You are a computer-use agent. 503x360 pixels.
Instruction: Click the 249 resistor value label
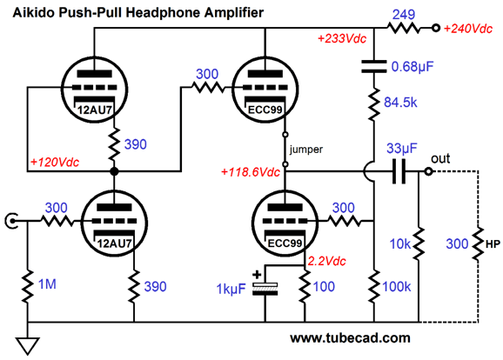click(404, 15)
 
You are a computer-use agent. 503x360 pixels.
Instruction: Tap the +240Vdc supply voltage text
click(468, 29)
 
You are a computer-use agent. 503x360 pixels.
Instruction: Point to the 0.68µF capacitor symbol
click(374, 66)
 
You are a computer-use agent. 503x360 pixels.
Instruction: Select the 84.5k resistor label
click(400, 103)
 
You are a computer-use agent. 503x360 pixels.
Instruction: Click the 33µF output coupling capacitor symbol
click(399, 171)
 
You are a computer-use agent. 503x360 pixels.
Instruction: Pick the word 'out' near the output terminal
click(440, 158)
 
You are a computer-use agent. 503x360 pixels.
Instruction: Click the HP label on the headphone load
click(493, 244)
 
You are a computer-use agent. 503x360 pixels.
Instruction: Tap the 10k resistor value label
click(400, 244)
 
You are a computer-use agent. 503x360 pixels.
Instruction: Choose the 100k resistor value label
click(397, 287)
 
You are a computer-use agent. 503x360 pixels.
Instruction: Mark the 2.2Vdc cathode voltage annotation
click(327, 261)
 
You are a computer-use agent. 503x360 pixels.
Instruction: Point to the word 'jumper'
click(306, 150)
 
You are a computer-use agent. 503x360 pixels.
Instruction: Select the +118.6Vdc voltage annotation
click(251, 172)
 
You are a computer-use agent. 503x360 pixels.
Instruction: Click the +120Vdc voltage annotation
click(55, 163)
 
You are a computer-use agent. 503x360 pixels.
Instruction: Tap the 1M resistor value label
click(47, 284)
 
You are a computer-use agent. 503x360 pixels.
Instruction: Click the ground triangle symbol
click(28, 345)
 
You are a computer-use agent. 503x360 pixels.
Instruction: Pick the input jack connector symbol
click(11, 221)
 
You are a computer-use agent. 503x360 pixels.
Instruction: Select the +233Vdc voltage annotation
click(342, 39)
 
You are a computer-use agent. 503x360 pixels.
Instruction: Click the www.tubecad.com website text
click(351, 338)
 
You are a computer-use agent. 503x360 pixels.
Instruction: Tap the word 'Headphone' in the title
click(164, 12)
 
